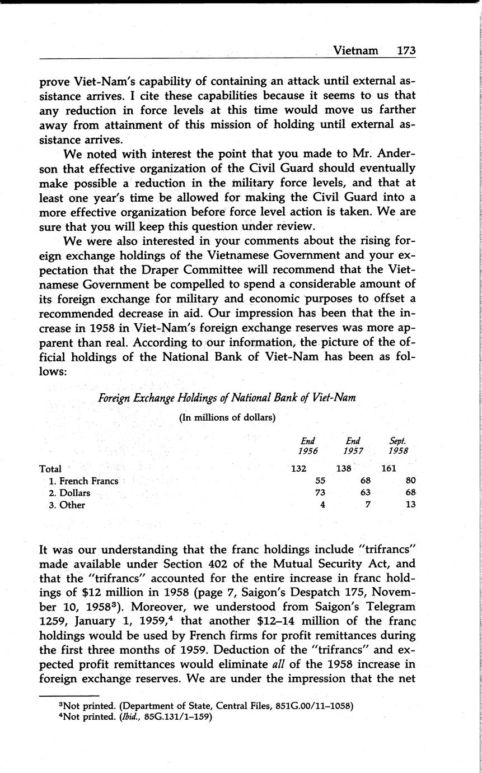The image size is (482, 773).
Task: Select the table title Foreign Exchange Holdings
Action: tap(227, 398)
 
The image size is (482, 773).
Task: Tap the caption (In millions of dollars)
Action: tap(227, 417)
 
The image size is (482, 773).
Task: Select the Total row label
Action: tap(51, 469)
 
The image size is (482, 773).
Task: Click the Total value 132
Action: tap(298, 469)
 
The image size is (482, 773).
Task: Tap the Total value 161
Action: tap(389, 469)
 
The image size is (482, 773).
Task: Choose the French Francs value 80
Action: tap(410, 481)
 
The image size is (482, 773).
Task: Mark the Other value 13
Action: tap(410, 505)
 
